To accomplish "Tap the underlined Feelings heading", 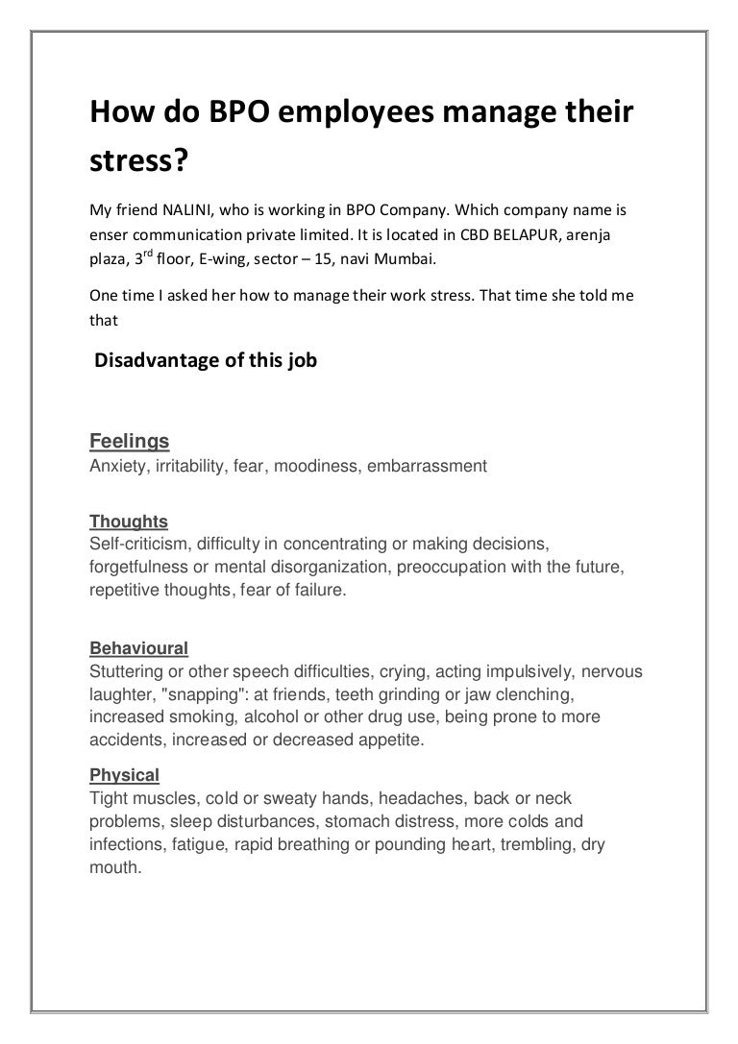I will (x=129, y=441).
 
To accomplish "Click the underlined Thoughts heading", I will (x=128, y=522).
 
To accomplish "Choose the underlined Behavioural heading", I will (x=138, y=647).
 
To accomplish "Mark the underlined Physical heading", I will (x=124, y=774).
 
